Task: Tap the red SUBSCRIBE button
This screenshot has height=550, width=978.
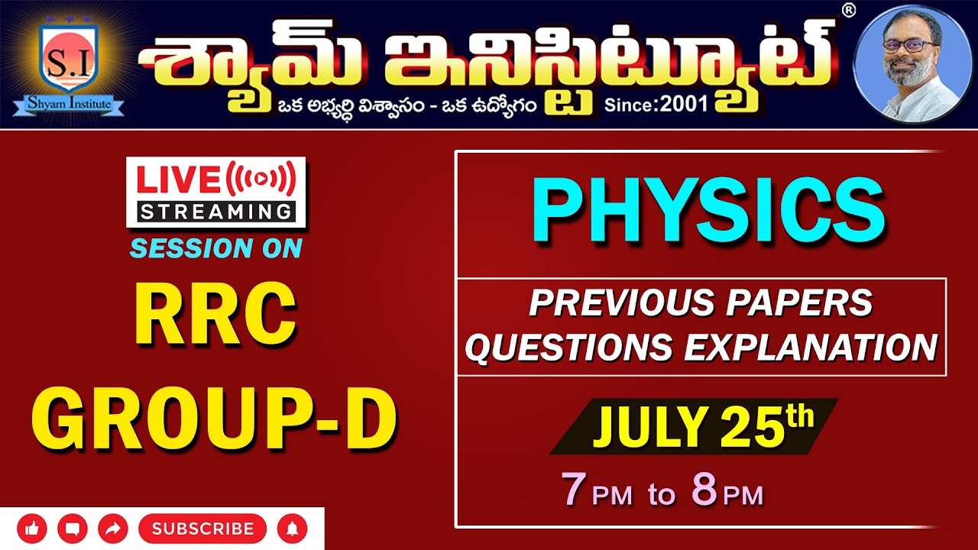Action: (x=202, y=529)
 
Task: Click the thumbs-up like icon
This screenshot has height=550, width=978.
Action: (x=31, y=529)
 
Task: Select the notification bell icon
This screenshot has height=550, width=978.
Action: (x=292, y=529)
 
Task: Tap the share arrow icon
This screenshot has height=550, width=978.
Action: (x=114, y=529)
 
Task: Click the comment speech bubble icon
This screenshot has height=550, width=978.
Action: (x=73, y=529)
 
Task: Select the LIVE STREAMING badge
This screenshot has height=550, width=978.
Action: (x=216, y=192)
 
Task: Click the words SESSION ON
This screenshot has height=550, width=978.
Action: (x=216, y=248)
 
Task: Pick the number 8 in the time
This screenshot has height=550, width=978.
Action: (x=704, y=491)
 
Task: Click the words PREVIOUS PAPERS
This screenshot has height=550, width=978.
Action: (x=701, y=303)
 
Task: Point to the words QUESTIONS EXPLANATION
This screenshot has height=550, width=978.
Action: (x=701, y=348)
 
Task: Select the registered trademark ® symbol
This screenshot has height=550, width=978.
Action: (x=848, y=10)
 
